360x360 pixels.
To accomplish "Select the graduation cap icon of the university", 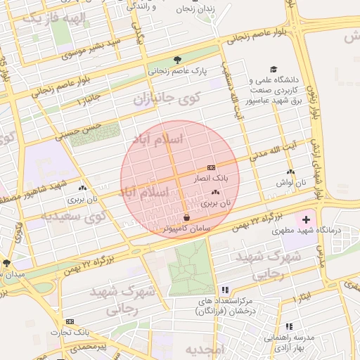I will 252,80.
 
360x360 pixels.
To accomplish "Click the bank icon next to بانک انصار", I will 211,168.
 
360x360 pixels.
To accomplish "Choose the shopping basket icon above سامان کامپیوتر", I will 186,217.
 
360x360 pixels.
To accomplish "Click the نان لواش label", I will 290,182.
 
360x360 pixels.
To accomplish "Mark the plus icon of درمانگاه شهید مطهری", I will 305,220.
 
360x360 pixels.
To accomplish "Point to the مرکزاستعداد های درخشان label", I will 224,304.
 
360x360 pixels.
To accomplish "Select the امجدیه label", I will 205,350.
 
